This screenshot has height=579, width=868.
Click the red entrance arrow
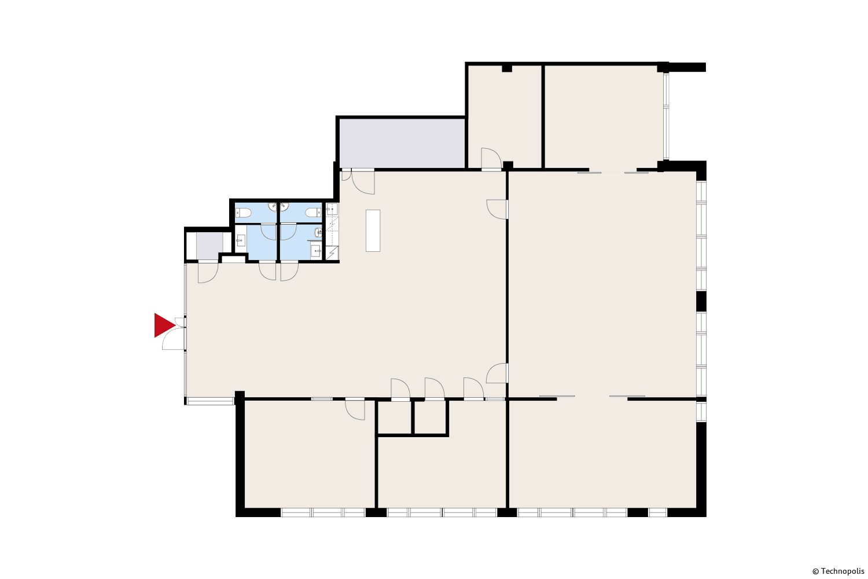tap(164, 325)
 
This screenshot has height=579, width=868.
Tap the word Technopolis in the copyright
tap(843, 571)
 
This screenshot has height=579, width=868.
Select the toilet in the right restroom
tap(313, 212)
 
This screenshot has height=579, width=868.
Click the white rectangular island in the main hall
tap(373, 231)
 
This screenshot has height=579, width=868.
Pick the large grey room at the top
tap(402, 143)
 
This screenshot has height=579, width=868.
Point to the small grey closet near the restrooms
tap(209, 245)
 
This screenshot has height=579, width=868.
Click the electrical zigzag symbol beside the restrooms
tap(332, 253)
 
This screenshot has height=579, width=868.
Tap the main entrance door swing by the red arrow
tap(173, 338)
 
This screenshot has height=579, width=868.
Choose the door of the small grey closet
tap(208, 273)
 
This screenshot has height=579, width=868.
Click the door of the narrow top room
tap(491, 158)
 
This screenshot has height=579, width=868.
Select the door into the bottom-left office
tap(355, 409)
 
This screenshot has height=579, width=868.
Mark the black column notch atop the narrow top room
tap(507, 69)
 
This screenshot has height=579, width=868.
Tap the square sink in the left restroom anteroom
tap(241, 240)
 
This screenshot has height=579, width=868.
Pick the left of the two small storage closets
tap(395, 417)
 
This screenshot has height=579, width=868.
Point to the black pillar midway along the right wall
tap(701, 301)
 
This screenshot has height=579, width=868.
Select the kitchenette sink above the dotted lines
tap(332, 210)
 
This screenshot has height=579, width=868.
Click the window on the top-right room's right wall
tap(665, 116)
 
